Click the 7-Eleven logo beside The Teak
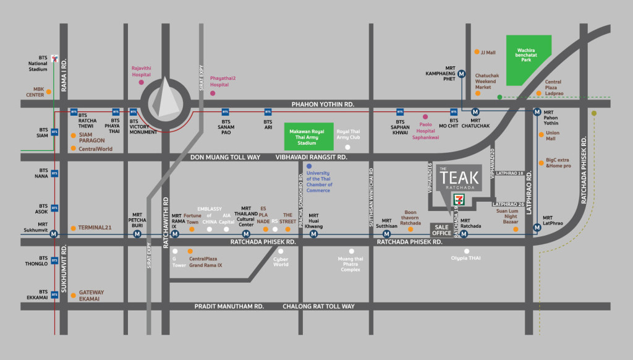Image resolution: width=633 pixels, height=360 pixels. coord(459,199)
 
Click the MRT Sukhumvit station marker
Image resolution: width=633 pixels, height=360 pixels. coord(54,234)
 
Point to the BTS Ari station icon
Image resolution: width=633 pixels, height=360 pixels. coord(268,112)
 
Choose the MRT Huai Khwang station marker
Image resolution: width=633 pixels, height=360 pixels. coord(313,234)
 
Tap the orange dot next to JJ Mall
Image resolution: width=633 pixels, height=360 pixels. coord(476,53)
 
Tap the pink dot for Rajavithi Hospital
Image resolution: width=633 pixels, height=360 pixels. coord(142,82)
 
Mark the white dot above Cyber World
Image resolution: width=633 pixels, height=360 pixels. coord(281,251)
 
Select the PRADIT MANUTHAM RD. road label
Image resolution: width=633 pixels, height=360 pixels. coord(229,306)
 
